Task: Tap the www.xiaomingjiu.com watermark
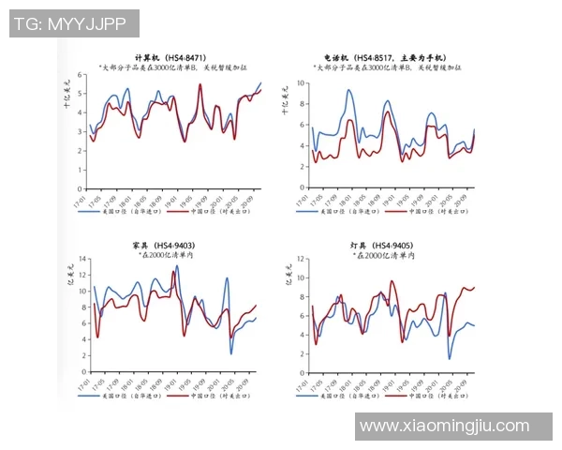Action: (x=444, y=426)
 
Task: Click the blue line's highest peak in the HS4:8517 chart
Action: (x=348, y=90)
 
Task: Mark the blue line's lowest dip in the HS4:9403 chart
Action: (x=231, y=353)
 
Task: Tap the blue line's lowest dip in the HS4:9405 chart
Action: (x=450, y=359)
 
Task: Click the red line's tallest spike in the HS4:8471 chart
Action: (x=200, y=84)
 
